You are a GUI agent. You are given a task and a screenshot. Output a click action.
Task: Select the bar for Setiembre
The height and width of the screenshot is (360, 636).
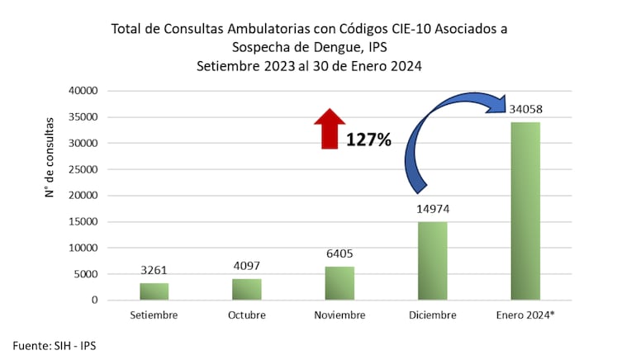click(154, 291)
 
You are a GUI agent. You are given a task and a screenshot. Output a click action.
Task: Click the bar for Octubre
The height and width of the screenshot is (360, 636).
click(246, 289)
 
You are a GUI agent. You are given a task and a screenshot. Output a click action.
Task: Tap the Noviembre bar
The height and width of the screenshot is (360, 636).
click(339, 283)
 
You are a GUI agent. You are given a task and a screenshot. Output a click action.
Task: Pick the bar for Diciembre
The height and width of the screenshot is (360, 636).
click(432, 261)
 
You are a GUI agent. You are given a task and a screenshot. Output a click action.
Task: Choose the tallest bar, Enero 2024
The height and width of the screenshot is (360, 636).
click(524, 211)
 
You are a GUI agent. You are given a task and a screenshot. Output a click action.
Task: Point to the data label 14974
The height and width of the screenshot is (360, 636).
click(432, 209)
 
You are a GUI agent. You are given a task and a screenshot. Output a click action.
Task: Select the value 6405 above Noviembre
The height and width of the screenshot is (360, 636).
click(339, 253)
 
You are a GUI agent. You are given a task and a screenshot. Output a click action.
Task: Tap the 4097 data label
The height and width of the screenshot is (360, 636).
click(246, 266)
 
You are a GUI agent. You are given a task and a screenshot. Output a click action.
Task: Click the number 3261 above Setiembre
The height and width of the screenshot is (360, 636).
click(154, 270)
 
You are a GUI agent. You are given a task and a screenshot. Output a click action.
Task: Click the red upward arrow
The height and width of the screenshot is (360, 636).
click(330, 129)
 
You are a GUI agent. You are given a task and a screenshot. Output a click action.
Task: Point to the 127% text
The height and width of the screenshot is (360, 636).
click(368, 140)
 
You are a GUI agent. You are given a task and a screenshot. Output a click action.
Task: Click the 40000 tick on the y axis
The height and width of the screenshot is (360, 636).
click(83, 91)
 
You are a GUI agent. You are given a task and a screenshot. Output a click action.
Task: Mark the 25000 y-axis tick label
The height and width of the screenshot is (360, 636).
click(83, 169)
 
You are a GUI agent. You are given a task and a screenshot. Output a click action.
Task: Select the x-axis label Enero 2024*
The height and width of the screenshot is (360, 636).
click(524, 315)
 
